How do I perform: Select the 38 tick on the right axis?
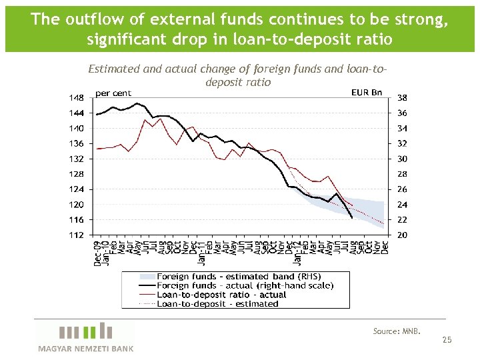coord(403,97)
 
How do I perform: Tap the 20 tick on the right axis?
coord(403,235)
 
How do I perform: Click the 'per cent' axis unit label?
coord(113,93)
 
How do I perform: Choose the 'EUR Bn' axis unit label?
coord(367,92)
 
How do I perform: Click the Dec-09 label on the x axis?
coord(97,253)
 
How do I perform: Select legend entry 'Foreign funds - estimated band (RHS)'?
coord(238,277)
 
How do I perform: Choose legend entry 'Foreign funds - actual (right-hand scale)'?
coord(245,285)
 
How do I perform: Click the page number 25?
coord(447,340)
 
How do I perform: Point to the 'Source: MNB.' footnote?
coord(397,331)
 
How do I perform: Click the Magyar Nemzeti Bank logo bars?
coord(85,332)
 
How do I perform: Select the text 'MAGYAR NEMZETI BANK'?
coord(85,349)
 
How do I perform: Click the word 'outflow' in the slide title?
coord(87,19)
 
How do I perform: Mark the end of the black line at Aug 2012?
coord(351,217)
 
